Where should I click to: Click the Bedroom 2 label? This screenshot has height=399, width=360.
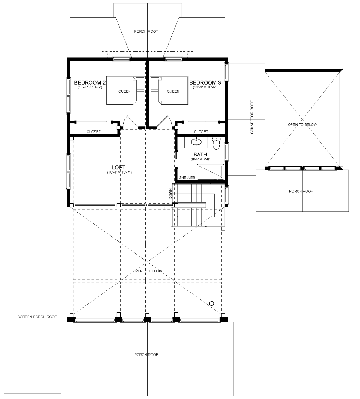[x=90, y=82]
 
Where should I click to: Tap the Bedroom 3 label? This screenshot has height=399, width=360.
[x=205, y=82]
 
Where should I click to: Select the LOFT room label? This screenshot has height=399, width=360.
[x=119, y=167]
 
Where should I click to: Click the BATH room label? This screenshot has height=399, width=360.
[x=200, y=154]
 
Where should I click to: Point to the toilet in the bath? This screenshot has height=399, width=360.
[x=216, y=143]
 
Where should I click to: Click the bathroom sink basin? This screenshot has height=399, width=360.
[x=196, y=142]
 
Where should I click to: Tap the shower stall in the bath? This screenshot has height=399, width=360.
[x=211, y=172]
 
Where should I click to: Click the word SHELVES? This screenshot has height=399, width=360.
[x=187, y=178]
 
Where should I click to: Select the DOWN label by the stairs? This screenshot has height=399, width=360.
[x=171, y=194]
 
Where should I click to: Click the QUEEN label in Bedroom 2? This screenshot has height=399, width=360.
[x=124, y=91]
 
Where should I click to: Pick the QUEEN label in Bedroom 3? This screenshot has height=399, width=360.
[x=173, y=91]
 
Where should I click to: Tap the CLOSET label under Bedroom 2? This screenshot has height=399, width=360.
[x=94, y=132]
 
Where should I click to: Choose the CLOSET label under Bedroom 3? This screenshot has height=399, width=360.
[x=201, y=132]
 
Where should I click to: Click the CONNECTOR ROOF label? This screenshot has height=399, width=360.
[x=252, y=117]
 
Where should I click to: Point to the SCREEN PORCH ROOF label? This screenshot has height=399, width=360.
[x=37, y=317]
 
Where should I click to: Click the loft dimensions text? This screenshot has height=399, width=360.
[x=119, y=172]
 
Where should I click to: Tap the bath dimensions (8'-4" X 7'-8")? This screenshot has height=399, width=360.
[x=201, y=159]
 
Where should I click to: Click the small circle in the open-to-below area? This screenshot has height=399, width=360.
[x=212, y=304]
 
